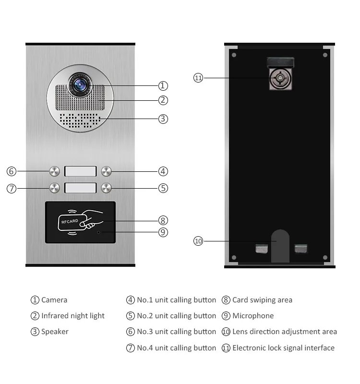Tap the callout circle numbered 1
click(x=163, y=86)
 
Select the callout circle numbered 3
click(x=163, y=119)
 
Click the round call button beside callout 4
click(x=107, y=171)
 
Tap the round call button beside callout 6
click(x=54, y=171)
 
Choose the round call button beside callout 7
click(x=54, y=188)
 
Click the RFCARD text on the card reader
click(x=70, y=221)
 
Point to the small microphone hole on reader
click(x=99, y=232)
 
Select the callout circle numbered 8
click(x=163, y=220)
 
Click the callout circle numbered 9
click(x=163, y=232)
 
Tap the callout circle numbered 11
click(x=198, y=78)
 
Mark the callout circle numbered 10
click(x=198, y=241)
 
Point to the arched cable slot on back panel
click(x=280, y=246)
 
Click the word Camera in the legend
click(x=54, y=300)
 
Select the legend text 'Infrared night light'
click(x=72, y=316)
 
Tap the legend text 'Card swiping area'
click(x=262, y=300)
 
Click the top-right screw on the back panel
click(x=325, y=55)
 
